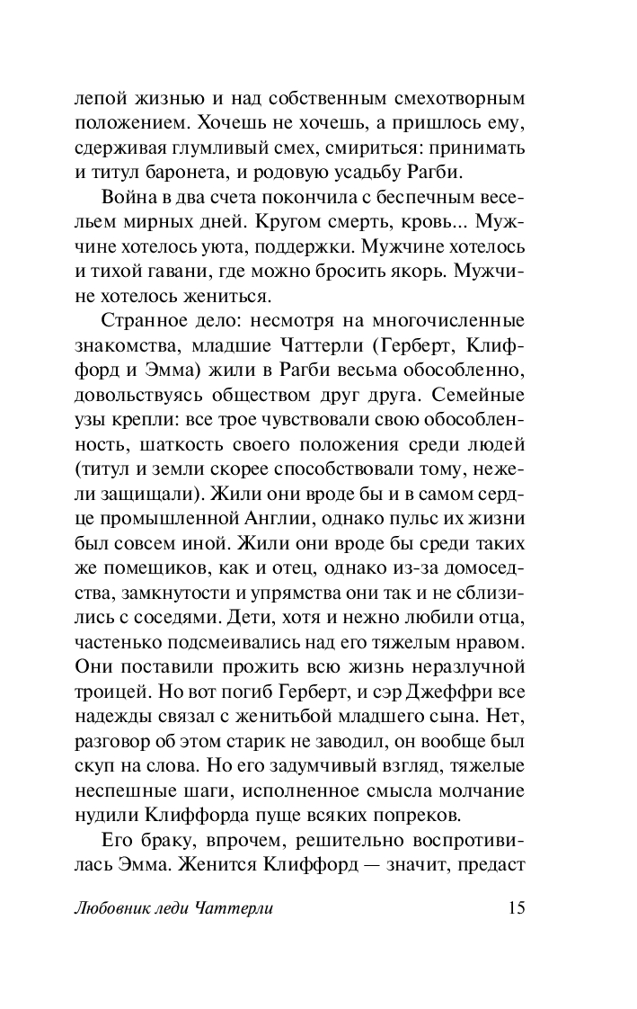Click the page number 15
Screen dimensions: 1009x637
pyautogui.click(x=515, y=907)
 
